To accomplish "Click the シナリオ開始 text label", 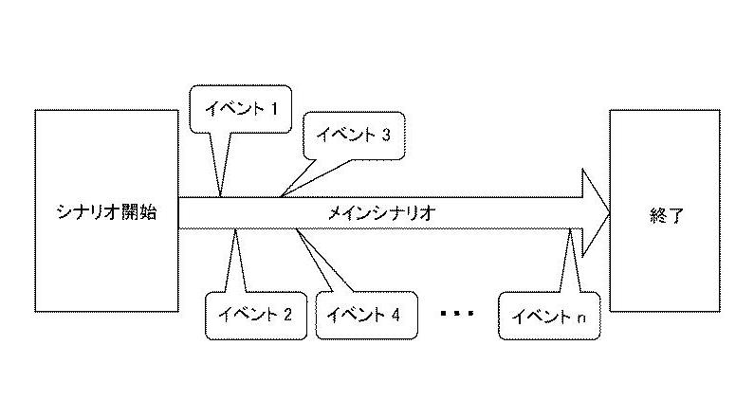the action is (107, 212).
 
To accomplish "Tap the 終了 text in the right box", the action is (666, 215).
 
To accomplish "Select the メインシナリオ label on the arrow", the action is (381, 213).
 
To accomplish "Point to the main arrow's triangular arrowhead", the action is (596, 213).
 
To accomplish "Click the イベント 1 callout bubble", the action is (241, 109).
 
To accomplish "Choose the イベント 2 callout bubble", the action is (256, 316).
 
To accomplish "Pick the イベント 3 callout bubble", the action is (355, 136).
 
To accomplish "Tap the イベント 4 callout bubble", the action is (366, 316).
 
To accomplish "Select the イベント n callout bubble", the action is (549, 316).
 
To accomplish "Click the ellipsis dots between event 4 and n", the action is (457, 313).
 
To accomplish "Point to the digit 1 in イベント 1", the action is (274, 109).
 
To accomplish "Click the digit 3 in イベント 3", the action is (386, 135).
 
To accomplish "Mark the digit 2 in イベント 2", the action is (287, 315).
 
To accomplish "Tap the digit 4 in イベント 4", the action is (395, 315).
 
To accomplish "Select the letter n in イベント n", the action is (581, 318).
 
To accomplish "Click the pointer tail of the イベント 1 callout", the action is (221, 164).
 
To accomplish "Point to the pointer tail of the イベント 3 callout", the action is (315, 178).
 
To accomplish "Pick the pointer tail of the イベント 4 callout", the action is (322, 261).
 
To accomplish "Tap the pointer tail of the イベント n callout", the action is (570, 261).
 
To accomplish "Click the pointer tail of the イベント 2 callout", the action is (235, 261).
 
